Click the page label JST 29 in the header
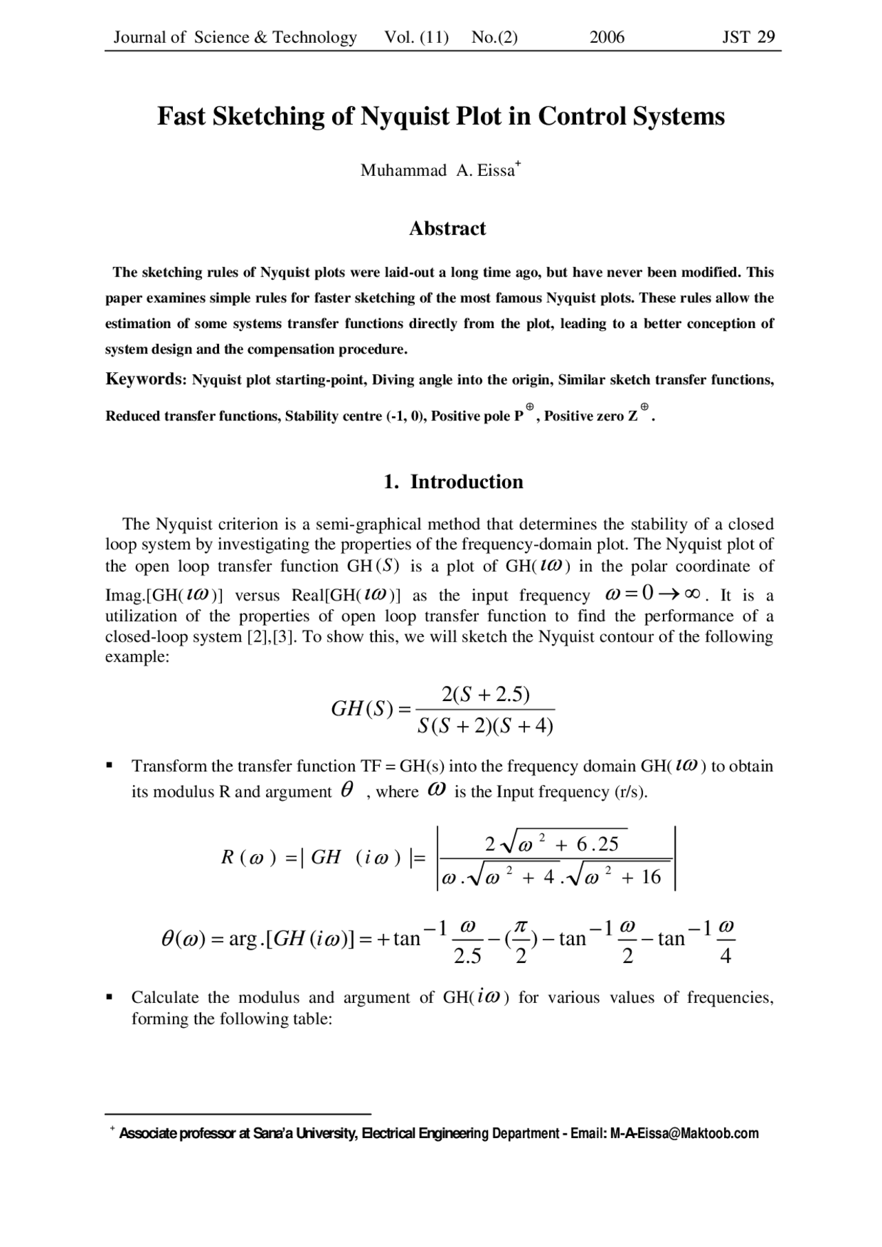coord(748,37)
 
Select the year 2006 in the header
coord(607,37)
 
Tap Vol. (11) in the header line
coord(416,37)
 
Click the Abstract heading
coord(447,228)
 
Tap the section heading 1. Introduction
coord(453,481)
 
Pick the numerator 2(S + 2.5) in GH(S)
coord(485,694)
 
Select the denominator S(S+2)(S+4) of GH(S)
coord(485,726)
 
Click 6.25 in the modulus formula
coord(597,844)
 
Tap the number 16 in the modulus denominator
coord(650,878)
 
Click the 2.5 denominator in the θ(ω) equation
coord(467,956)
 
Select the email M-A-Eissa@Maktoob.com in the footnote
coord(684,1133)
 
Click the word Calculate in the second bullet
coord(165,997)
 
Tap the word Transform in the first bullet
coord(169,766)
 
